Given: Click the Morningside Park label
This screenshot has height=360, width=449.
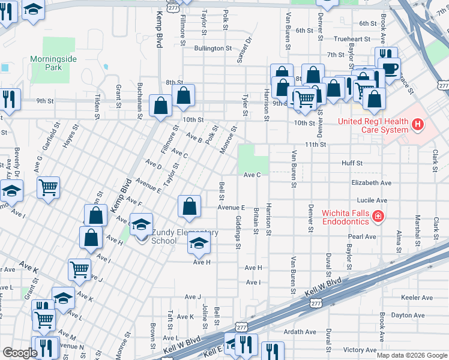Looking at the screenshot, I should coord(46,64).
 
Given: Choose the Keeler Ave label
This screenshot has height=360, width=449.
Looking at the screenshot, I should coord(417,298).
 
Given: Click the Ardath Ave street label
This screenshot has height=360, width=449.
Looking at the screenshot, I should coord(300,332).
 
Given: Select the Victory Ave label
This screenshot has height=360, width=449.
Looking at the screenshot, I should coord(360,350).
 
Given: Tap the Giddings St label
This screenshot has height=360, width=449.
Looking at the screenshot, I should coord(238,232).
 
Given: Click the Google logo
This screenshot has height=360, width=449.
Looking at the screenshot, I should coord(20,353).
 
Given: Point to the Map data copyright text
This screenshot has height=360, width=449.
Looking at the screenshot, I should coord(411,355).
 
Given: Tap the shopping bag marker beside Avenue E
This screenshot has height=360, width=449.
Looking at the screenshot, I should coord(189,206).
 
